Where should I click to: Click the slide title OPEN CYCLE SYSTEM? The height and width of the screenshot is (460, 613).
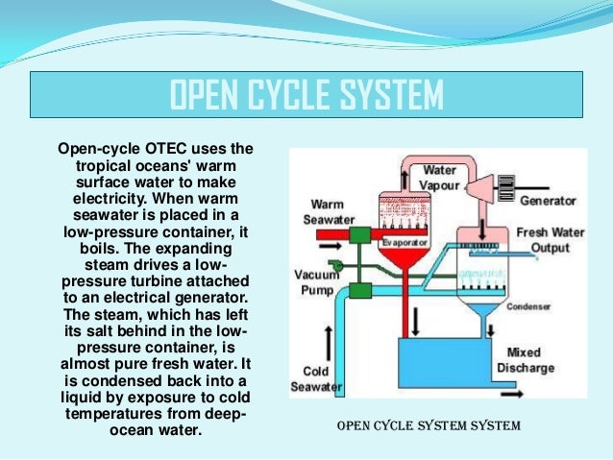(306, 96)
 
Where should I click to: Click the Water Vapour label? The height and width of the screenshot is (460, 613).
(439, 177)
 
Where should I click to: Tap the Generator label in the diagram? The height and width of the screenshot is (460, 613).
(548, 201)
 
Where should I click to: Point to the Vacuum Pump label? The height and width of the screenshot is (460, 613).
(315, 281)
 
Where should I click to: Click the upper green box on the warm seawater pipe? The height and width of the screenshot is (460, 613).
(360, 236)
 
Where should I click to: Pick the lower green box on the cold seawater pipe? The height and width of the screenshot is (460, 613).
(361, 291)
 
